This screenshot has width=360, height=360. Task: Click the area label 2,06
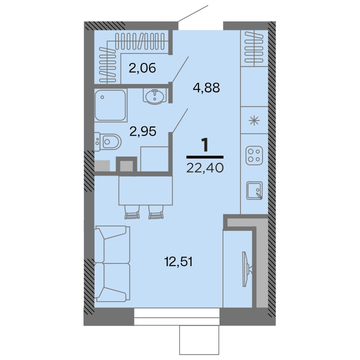[x=142, y=67]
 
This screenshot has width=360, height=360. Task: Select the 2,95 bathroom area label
[x=143, y=131]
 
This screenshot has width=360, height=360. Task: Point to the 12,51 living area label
[x=179, y=260]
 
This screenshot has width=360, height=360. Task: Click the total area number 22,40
[x=204, y=167]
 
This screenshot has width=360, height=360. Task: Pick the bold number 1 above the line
[x=204, y=145]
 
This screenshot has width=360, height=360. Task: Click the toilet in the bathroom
[x=108, y=142]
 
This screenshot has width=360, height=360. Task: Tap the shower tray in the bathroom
[x=110, y=105]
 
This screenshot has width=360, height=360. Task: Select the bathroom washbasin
[x=154, y=95]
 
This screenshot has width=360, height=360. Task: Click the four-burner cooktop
[x=254, y=155]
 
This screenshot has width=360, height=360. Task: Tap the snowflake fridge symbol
[x=254, y=120]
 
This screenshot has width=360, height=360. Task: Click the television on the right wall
[x=246, y=268]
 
